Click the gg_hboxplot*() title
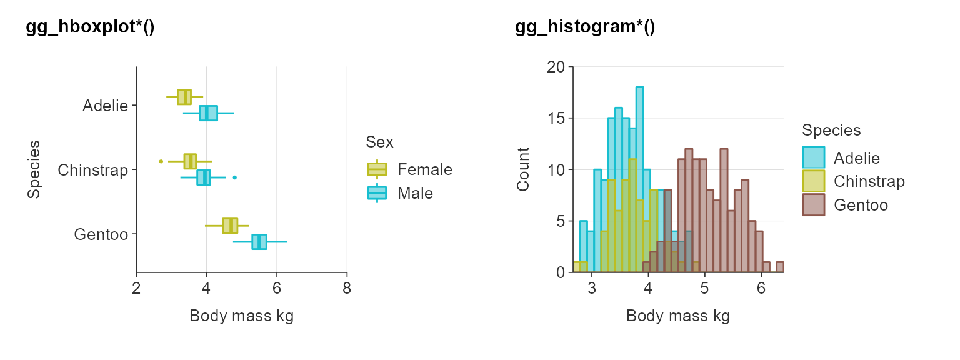(90, 28)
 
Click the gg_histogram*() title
(585, 28)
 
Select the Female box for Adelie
(184, 97)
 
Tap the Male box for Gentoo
(259, 241)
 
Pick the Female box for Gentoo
(230, 226)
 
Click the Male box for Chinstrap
(204, 177)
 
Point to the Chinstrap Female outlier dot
(161, 161)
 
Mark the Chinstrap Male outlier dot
(234, 177)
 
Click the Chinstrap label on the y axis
(92, 170)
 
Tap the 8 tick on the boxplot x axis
(347, 288)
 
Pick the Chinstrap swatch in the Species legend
(814, 181)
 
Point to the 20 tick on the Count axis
(555, 67)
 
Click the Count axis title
(523, 169)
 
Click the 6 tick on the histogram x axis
(761, 288)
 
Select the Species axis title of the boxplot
(34, 169)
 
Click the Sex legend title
(379, 142)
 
